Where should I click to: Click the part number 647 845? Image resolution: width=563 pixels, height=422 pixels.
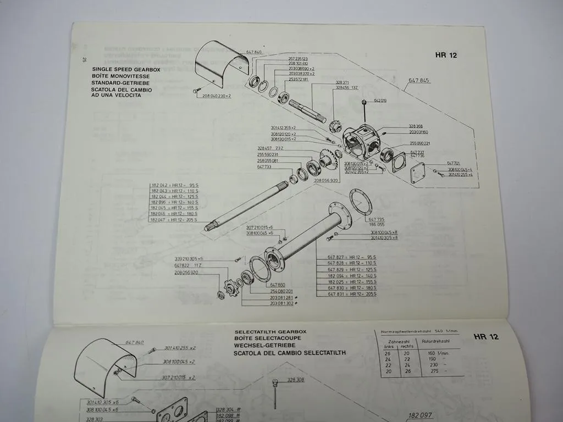pyautogui.click(x=419, y=80)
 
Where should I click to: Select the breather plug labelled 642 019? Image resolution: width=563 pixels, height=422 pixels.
pyautogui.click(x=363, y=102)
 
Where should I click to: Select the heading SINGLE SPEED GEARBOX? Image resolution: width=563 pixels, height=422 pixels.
pyautogui.click(x=118, y=70)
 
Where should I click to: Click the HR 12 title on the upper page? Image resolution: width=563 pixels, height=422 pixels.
pyautogui.click(x=445, y=55)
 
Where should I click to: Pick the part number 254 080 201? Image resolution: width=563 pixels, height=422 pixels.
pyautogui.click(x=281, y=291)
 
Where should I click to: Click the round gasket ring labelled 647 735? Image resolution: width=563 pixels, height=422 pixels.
pyautogui.click(x=361, y=202)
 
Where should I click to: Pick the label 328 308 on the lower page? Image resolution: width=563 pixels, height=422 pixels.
pyautogui.click(x=295, y=379)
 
